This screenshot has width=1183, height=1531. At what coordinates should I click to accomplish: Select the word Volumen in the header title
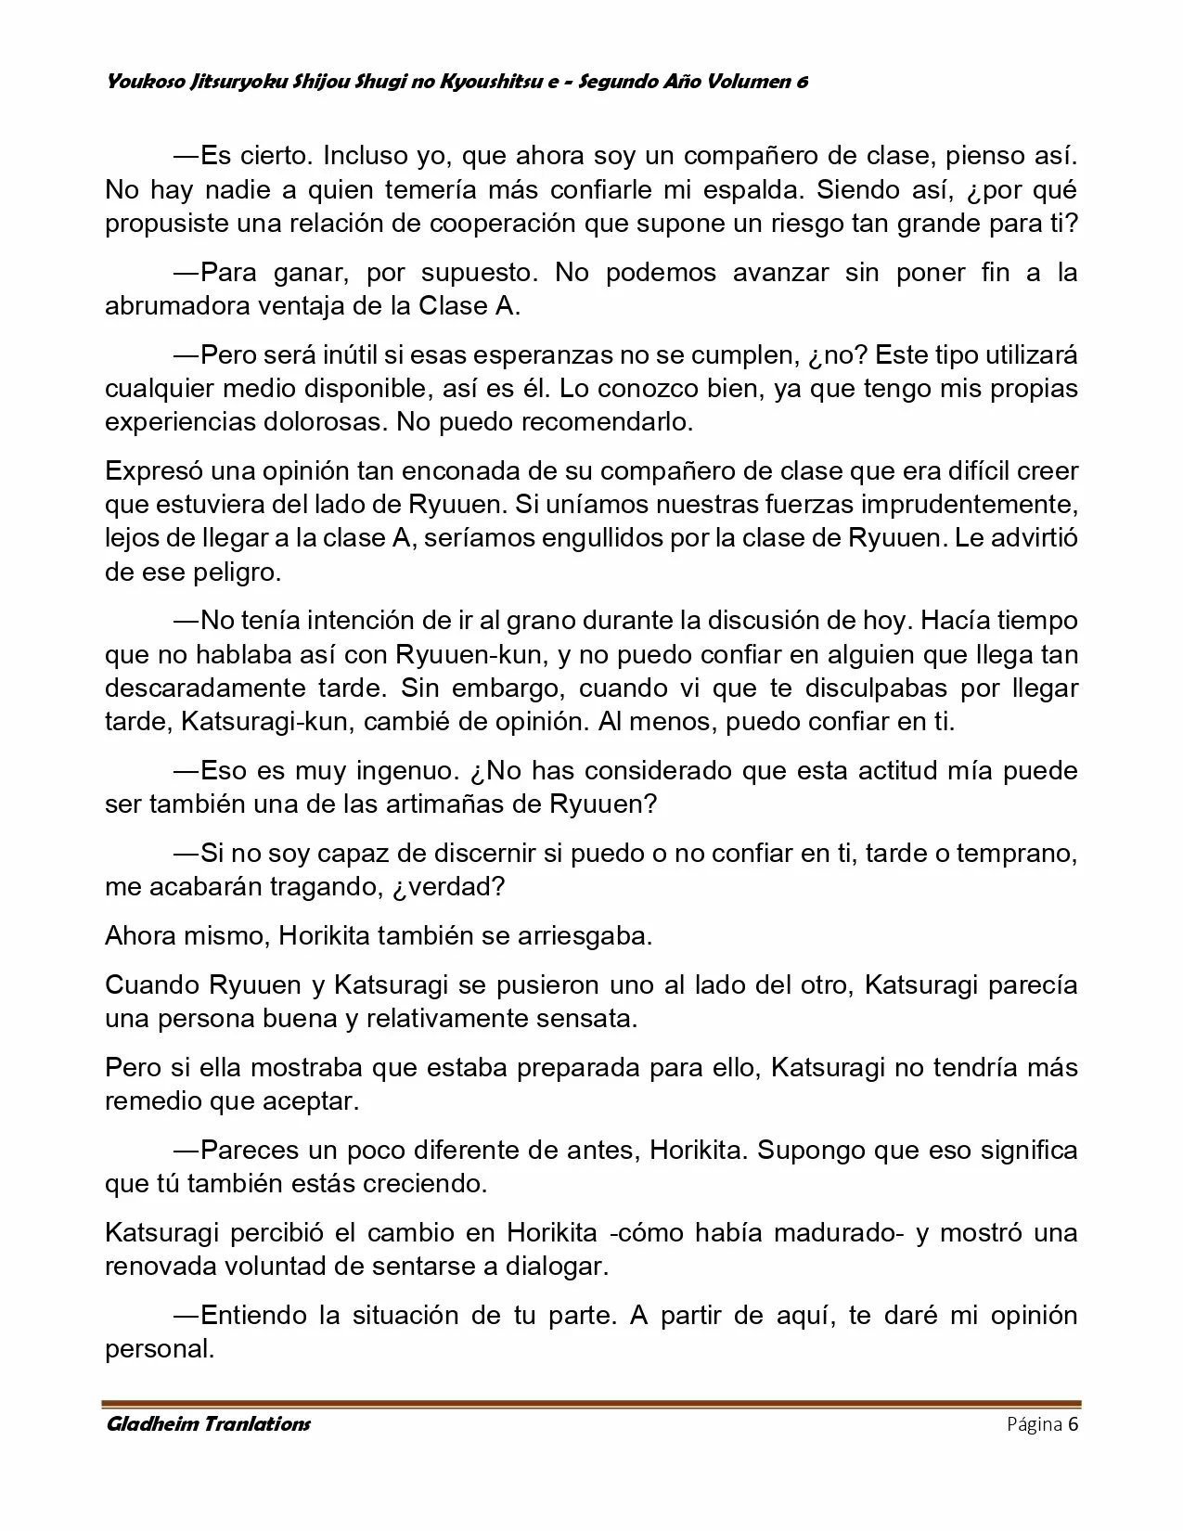click(747, 82)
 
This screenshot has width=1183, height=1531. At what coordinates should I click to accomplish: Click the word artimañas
click(442, 804)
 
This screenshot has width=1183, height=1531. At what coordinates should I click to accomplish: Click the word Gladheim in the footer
click(152, 1424)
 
